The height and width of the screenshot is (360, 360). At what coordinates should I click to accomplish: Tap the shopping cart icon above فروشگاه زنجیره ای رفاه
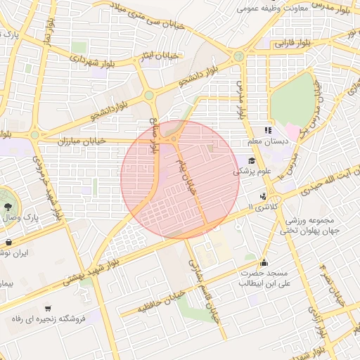coord(48,308)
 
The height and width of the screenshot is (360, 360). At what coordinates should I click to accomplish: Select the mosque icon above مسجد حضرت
coord(264,263)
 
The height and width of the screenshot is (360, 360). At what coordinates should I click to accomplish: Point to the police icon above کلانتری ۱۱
coord(263,196)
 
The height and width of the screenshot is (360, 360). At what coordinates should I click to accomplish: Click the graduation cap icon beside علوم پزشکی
coord(252,160)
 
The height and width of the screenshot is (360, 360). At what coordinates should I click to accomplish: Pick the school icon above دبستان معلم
coord(267,130)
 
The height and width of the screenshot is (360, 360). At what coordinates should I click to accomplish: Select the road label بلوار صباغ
coord(153,137)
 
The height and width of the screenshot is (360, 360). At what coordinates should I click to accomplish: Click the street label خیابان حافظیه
coord(162,300)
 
